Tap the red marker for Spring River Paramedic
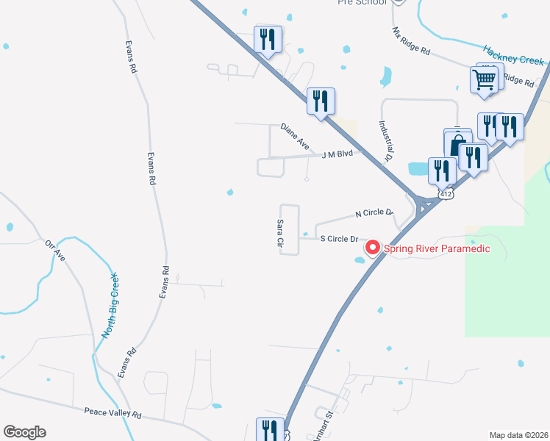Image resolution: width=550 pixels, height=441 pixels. [373, 248]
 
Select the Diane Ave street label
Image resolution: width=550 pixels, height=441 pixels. [295, 137]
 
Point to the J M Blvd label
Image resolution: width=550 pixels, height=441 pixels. [337, 154]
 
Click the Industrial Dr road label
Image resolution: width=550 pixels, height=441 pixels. [387, 141]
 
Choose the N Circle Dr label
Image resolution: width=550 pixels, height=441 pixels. [374, 213]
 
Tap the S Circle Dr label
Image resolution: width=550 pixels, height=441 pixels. [338, 239]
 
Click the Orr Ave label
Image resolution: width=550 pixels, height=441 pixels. [56, 251]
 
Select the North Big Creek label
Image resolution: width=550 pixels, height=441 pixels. [110, 305]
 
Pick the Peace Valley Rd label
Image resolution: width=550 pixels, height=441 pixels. [113, 415]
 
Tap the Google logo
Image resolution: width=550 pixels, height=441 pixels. [24, 432]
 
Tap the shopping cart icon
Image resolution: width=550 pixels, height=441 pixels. [484, 79]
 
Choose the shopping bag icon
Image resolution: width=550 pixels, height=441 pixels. [457, 142]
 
